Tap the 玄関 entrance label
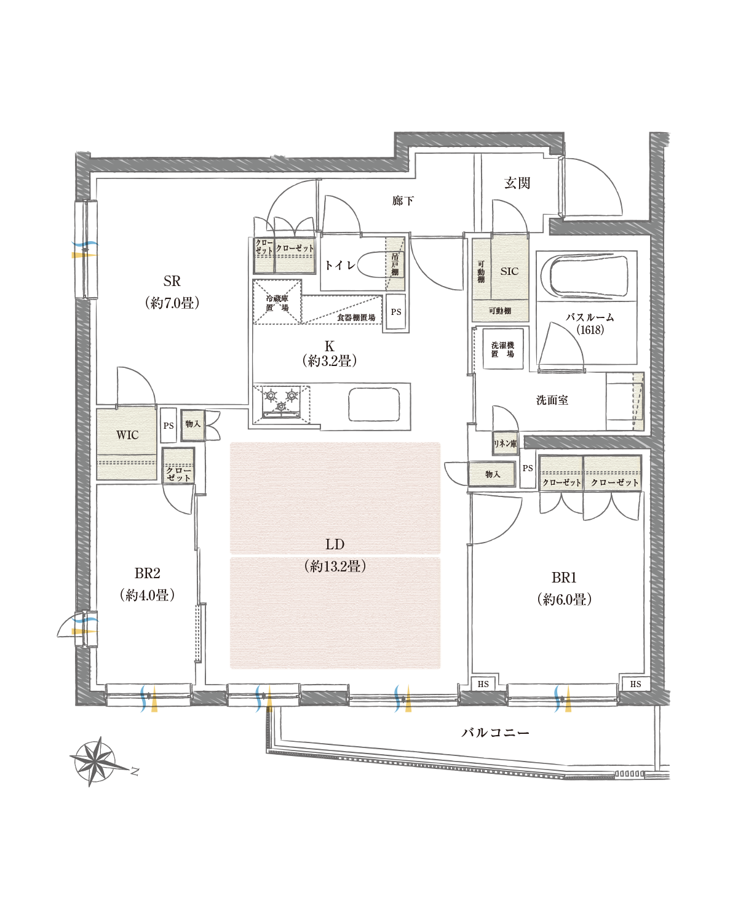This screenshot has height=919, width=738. tap(517, 183)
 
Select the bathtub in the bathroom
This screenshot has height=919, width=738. tap(589, 276)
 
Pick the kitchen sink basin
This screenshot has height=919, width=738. tap(374, 405)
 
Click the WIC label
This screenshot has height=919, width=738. tap(127, 435)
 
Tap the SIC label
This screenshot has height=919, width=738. tap(509, 271)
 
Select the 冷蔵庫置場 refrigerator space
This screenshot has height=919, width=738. tap(277, 302)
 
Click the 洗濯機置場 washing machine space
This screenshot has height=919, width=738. tap(502, 348)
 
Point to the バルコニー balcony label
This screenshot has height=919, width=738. tap(496, 733)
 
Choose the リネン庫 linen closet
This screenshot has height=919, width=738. tap(505, 444)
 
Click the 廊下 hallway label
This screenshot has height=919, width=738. tap(403, 201)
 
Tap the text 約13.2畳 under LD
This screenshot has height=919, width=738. tap(335, 567)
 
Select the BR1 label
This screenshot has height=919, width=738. tap(564, 578)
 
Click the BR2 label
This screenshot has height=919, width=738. tap(148, 573)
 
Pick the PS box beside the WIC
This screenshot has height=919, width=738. tap(169, 426)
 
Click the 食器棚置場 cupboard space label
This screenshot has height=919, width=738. tap(355, 317)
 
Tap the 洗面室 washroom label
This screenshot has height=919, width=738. tap(552, 400)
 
